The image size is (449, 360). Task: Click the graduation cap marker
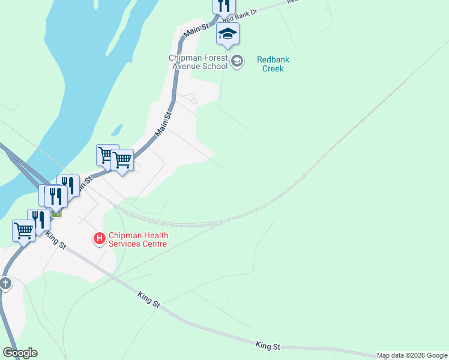tap(228, 34)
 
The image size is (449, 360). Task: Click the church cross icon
tap(5, 283)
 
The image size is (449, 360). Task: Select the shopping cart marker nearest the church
tap(23, 230)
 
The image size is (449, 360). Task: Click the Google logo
tap(20, 353)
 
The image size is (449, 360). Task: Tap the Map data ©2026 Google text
tap(412, 356)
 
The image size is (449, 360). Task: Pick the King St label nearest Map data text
tap(268, 346)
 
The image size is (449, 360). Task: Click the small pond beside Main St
tap(116, 130)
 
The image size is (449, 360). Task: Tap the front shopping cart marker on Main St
tap(122, 160)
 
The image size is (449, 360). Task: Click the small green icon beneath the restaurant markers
tap(56, 213)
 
